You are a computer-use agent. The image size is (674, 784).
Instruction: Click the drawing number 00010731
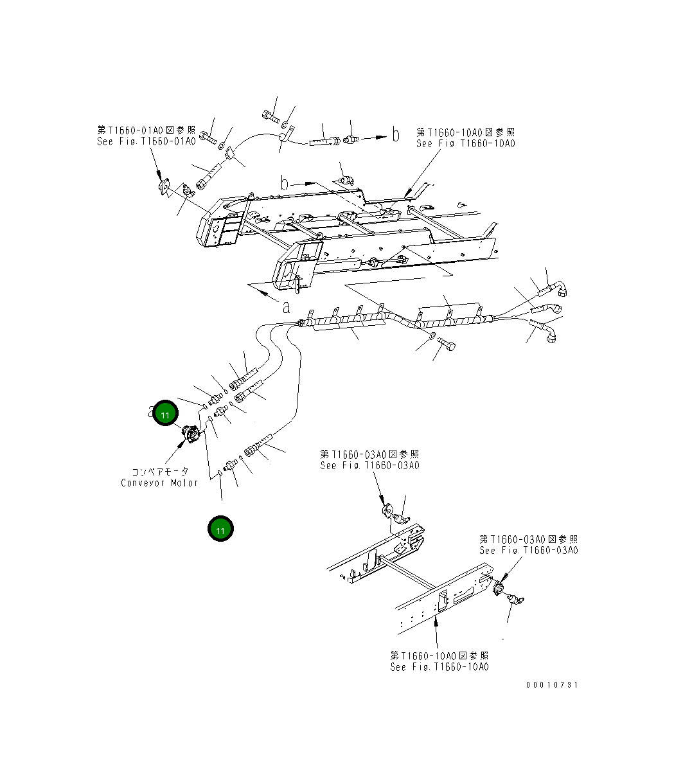tap(552, 685)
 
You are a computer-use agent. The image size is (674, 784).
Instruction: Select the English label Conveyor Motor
tap(159, 483)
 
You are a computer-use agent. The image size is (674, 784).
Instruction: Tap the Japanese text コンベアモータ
tap(160, 471)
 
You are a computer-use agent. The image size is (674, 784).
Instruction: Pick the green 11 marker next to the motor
tap(165, 414)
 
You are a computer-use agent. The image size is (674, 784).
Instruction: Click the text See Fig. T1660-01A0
tap(146, 141)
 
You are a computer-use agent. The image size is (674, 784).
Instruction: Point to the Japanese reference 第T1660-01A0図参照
tap(146, 130)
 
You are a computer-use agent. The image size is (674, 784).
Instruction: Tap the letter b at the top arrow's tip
tap(395, 135)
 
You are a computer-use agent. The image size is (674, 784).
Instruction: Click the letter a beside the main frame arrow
tap(286, 306)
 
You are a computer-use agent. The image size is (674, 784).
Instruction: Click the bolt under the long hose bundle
tap(448, 346)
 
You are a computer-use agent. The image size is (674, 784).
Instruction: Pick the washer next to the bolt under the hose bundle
tap(432, 335)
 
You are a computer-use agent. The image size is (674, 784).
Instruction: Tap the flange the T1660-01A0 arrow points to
tap(164, 187)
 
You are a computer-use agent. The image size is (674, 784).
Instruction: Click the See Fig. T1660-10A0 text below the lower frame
tap(439, 667)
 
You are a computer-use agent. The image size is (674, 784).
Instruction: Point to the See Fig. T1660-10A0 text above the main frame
tap(466, 143)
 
